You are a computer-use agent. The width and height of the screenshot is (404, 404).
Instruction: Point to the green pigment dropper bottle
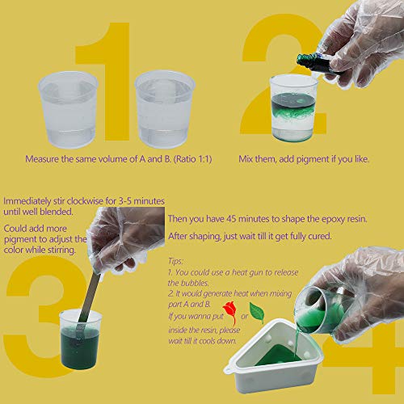pos(311,60)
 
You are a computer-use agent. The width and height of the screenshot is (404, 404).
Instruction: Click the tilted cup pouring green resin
pos(327,311)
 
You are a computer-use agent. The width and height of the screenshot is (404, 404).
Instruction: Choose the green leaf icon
pos(256,310)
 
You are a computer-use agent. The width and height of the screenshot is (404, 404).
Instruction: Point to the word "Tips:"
pos(176,262)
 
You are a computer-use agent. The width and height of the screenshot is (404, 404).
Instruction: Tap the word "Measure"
pos(43,158)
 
